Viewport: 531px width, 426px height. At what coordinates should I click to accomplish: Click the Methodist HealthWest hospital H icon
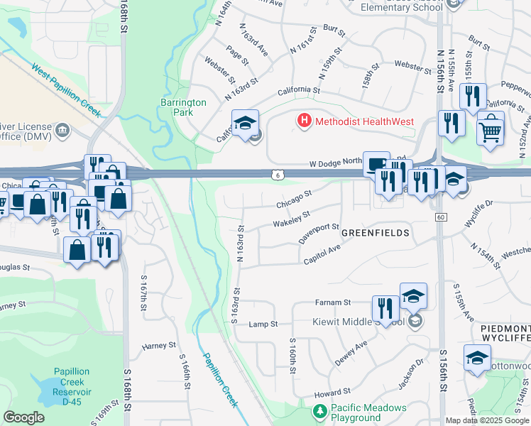(305, 121)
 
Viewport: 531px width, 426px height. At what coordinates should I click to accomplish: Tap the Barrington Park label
(183, 107)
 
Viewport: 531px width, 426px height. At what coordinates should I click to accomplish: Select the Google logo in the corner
(24, 417)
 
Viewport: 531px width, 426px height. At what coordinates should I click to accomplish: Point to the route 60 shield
(441, 217)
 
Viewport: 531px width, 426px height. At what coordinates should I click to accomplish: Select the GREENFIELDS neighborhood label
(375, 232)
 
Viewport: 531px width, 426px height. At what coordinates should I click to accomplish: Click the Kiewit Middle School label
(358, 322)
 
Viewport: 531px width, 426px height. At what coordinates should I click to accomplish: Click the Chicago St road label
(294, 199)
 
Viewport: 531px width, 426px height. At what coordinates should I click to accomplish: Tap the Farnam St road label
(334, 302)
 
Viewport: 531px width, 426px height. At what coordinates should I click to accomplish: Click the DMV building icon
(62, 129)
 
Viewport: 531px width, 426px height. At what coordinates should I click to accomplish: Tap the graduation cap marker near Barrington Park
(245, 124)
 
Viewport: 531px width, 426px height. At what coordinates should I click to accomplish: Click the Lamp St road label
(263, 324)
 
